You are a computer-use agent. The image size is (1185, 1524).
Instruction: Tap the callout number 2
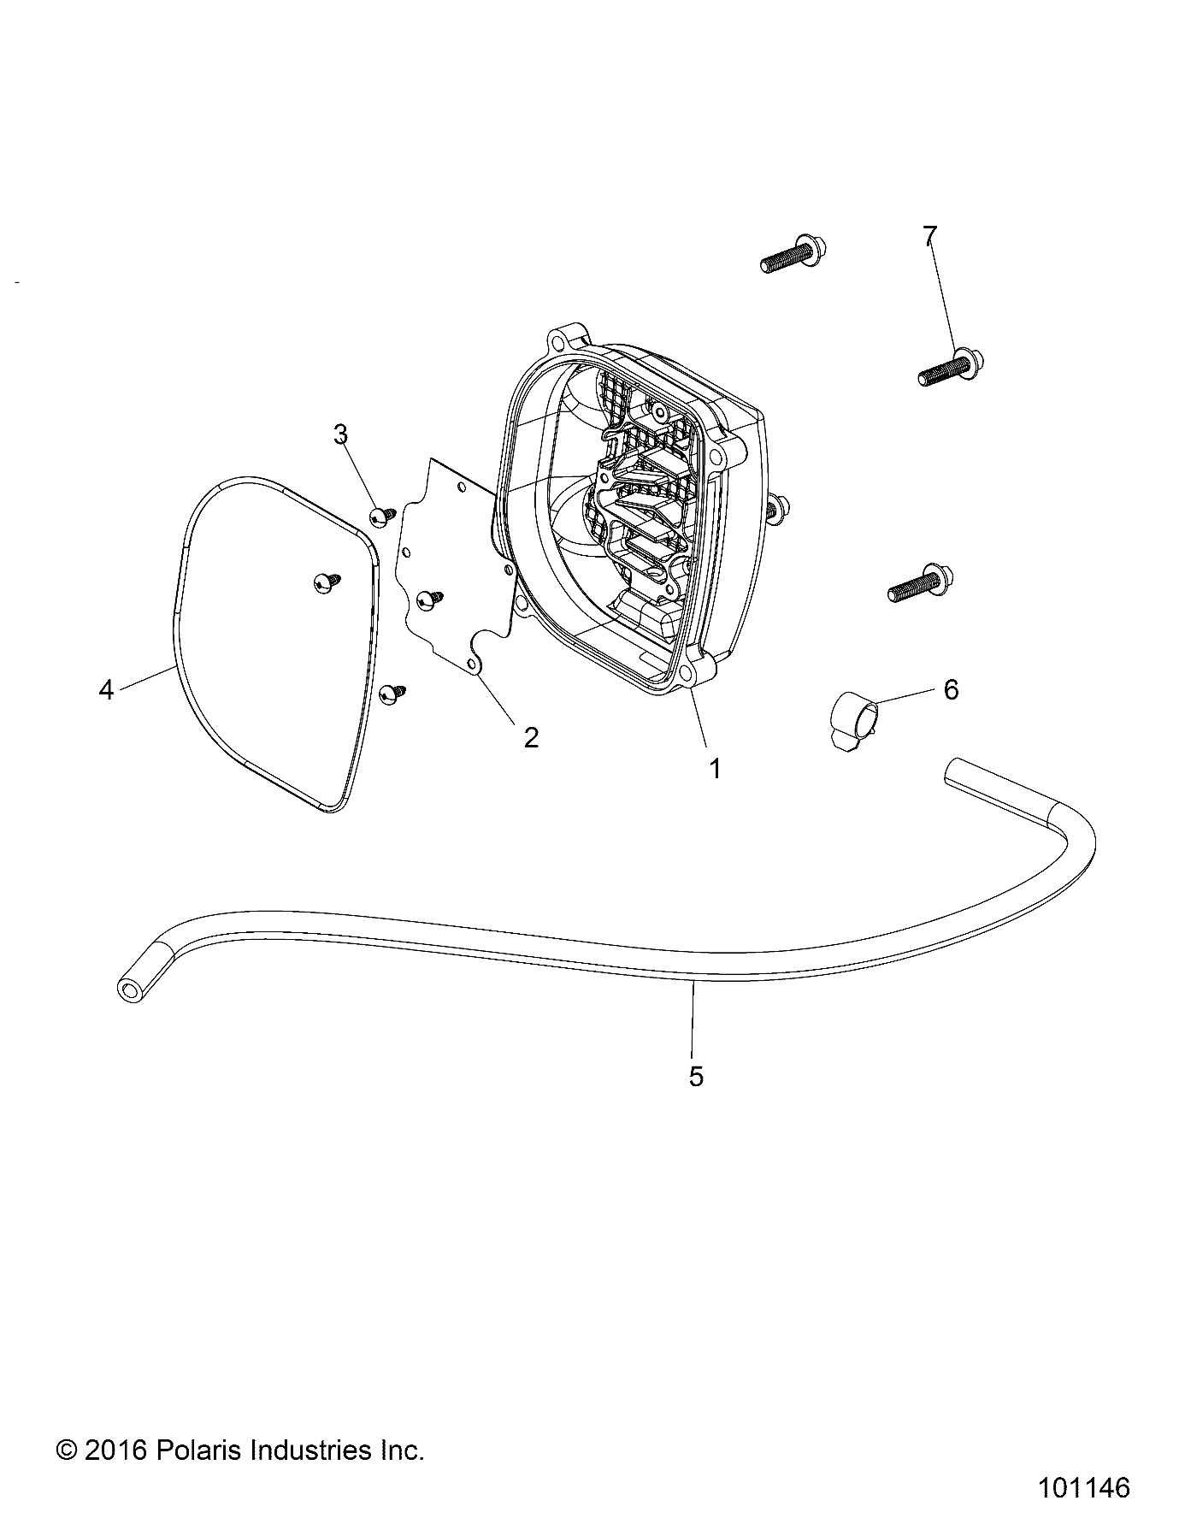[x=531, y=737]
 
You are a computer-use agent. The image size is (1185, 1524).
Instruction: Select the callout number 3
[x=340, y=434]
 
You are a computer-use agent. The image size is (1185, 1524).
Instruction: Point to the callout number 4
[x=106, y=689]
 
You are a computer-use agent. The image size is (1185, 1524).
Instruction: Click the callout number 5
[x=696, y=1076]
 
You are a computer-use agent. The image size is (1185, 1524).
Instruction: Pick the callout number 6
[x=951, y=689]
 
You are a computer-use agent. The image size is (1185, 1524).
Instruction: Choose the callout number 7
[x=929, y=236]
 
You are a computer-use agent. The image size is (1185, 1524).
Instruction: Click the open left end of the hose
[x=129, y=990]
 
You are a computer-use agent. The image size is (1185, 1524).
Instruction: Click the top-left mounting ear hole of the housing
[x=561, y=341]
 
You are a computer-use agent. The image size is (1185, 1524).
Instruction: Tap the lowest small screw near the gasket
[x=394, y=694]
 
